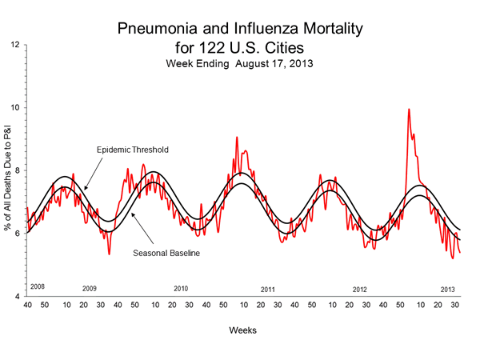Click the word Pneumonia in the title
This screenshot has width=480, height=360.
point(157,30)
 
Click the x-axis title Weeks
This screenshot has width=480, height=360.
point(243,330)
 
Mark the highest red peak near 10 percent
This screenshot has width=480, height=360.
point(409,110)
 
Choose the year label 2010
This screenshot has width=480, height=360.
point(181,288)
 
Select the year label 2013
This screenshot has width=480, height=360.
point(450,288)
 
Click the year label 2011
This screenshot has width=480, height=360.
point(269,288)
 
